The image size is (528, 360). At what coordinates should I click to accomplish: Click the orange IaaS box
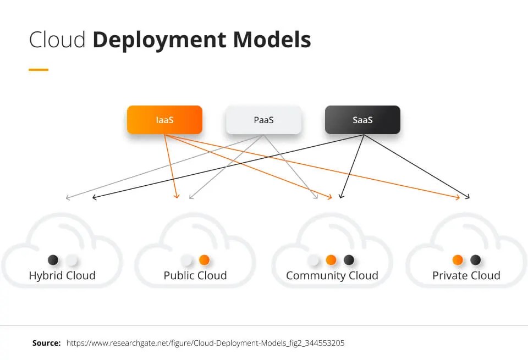(164, 120)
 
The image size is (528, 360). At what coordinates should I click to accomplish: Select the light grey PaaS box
(263, 120)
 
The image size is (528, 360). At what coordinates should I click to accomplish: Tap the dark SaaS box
(362, 120)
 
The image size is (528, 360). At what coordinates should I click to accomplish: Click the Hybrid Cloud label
(62, 275)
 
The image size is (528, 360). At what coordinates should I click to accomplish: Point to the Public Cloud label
(195, 275)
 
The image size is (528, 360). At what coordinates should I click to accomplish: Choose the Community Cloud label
(332, 275)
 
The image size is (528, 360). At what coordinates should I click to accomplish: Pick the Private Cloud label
(466, 275)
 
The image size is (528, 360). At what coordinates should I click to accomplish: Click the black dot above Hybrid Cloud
(53, 260)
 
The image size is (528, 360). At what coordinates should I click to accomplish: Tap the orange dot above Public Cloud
(204, 260)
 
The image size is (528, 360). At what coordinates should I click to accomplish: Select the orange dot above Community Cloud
(331, 260)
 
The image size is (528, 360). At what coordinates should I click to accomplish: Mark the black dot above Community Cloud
(349, 260)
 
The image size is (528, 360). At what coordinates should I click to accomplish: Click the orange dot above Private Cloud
(458, 260)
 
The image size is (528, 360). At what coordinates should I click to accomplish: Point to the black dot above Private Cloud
(476, 260)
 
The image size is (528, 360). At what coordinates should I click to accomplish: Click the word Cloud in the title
(57, 40)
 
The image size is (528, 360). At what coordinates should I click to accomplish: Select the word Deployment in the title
(159, 40)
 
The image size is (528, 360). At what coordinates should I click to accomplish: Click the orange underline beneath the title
(38, 70)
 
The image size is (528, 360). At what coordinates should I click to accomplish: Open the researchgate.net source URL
(205, 343)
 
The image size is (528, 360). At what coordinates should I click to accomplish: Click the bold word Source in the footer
(46, 343)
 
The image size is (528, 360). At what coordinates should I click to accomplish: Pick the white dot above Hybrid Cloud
(71, 260)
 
